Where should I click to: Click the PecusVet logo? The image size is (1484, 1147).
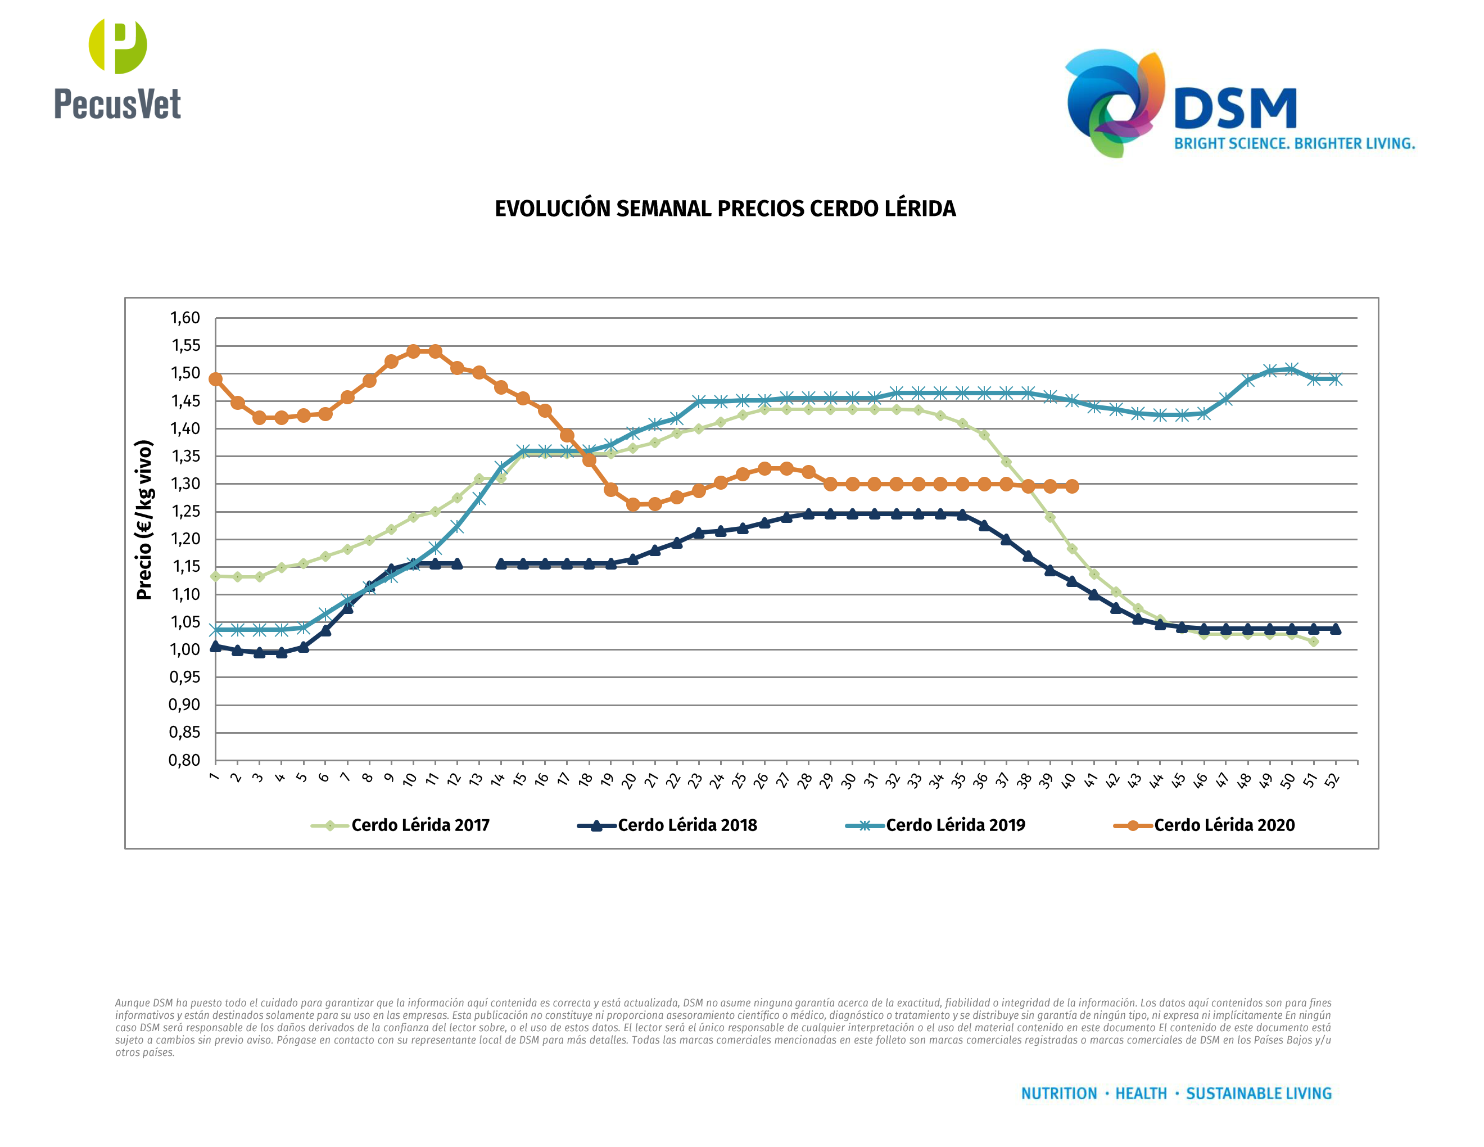117,70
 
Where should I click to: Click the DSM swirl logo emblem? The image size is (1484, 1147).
1114,102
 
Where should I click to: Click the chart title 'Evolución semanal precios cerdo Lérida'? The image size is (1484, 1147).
725,209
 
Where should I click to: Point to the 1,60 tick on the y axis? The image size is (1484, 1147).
185,318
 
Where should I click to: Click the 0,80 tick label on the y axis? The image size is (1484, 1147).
185,760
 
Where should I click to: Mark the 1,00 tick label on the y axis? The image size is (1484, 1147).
185,649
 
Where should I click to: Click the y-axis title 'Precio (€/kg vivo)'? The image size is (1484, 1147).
144,520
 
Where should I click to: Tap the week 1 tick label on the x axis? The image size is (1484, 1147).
215,776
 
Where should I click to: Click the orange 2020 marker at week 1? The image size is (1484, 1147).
215,379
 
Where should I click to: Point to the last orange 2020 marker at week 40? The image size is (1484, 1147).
1072,486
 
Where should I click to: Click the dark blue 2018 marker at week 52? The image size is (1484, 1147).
1336,629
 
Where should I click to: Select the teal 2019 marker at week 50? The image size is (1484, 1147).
1292,369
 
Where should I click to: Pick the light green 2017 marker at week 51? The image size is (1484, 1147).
1314,642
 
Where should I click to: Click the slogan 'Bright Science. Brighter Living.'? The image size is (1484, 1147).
1295,144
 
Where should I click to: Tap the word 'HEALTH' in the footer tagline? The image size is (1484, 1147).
1141,1094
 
